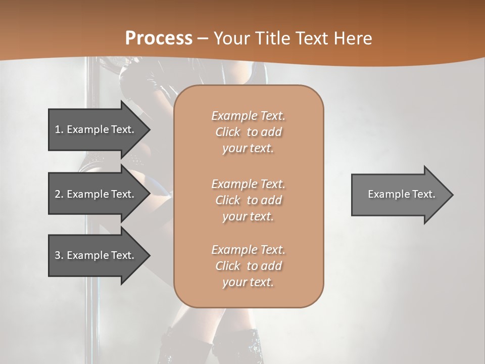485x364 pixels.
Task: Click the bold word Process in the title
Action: coord(159,38)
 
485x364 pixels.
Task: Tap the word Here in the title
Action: coord(353,38)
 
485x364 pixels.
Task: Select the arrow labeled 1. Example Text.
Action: coord(96,129)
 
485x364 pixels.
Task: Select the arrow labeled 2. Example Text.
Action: coord(96,194)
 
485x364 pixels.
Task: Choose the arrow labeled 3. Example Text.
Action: coord(96,255)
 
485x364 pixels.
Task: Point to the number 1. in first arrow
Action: coord(59,129)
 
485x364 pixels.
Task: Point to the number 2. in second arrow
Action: coord(59,194)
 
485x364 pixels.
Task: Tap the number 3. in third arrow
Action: coord(59,255)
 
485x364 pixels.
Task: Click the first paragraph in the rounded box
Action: coord(248,132)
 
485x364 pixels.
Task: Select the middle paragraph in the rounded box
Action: coord(248,200)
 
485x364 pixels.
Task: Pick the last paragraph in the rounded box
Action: coord(248,266)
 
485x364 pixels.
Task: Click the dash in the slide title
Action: coord(203,38)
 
